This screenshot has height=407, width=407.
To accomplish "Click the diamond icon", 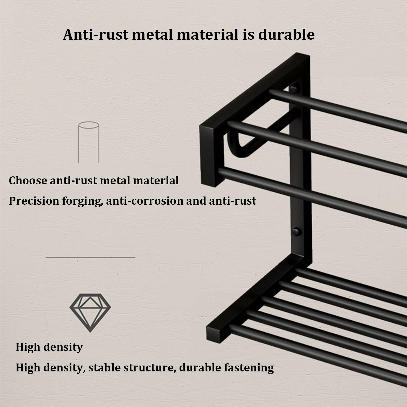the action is point(90,313).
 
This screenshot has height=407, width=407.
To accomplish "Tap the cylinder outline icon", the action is point(88,142).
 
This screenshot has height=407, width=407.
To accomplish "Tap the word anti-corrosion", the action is point(144,201).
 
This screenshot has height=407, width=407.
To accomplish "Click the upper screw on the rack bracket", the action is point(293,90).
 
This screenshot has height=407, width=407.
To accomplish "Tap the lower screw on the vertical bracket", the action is point(296,232).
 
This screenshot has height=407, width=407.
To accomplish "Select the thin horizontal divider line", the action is point(90,257).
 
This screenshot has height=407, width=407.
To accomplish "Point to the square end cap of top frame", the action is point(212,155).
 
